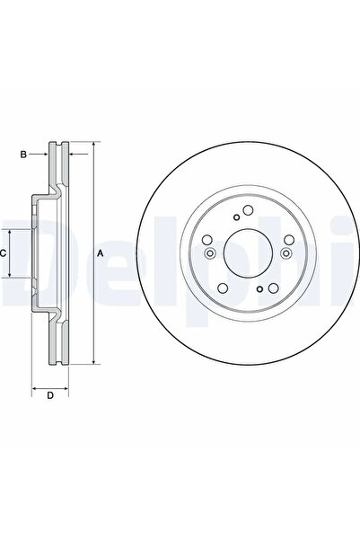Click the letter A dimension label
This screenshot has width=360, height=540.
pyautogui.click(x=101, y=253)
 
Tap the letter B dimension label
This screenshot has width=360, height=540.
pyautogui.click(x=23, y=155)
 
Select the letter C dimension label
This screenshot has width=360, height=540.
pyautogui.click(x=3, y=253)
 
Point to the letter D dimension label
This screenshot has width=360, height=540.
pyautogui.click(x=50, y=395)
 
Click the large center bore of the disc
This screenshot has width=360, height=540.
pyautogui.click(x=248, y=253)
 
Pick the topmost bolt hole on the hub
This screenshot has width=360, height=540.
pyautogui.click(x=248, y=209)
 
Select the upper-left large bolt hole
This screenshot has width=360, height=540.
pyautogui.click(x=207, y=240)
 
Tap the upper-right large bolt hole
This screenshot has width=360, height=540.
pyautogui.click(x=289, y=240)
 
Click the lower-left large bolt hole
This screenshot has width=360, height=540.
pyautogui.click(x=223, y=288)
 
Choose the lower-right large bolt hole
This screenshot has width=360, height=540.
pyautogui.click(x=273, y=288)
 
